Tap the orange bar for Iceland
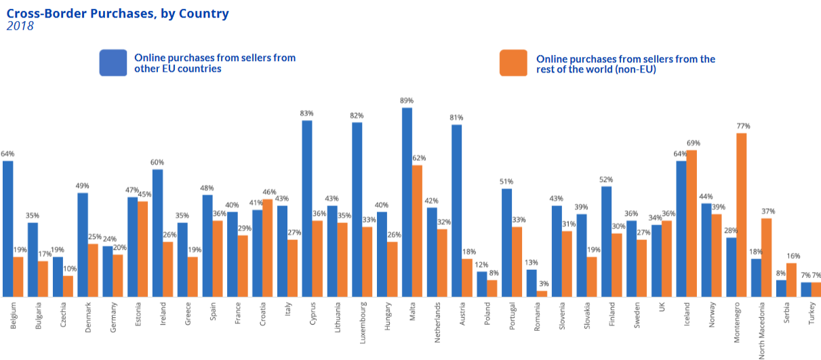[x=692, y=223]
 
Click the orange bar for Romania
[x=542, y=294]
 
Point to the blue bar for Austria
[x=457, y=210]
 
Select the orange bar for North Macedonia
[x=767, y=257]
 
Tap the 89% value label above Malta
[x=407, y=100]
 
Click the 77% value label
[x=743, y=126]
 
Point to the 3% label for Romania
[x=543, y=284]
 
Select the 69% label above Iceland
[x=693, y=143]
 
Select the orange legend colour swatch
[x=513, y=62]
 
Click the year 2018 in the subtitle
[x=20, y=26]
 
